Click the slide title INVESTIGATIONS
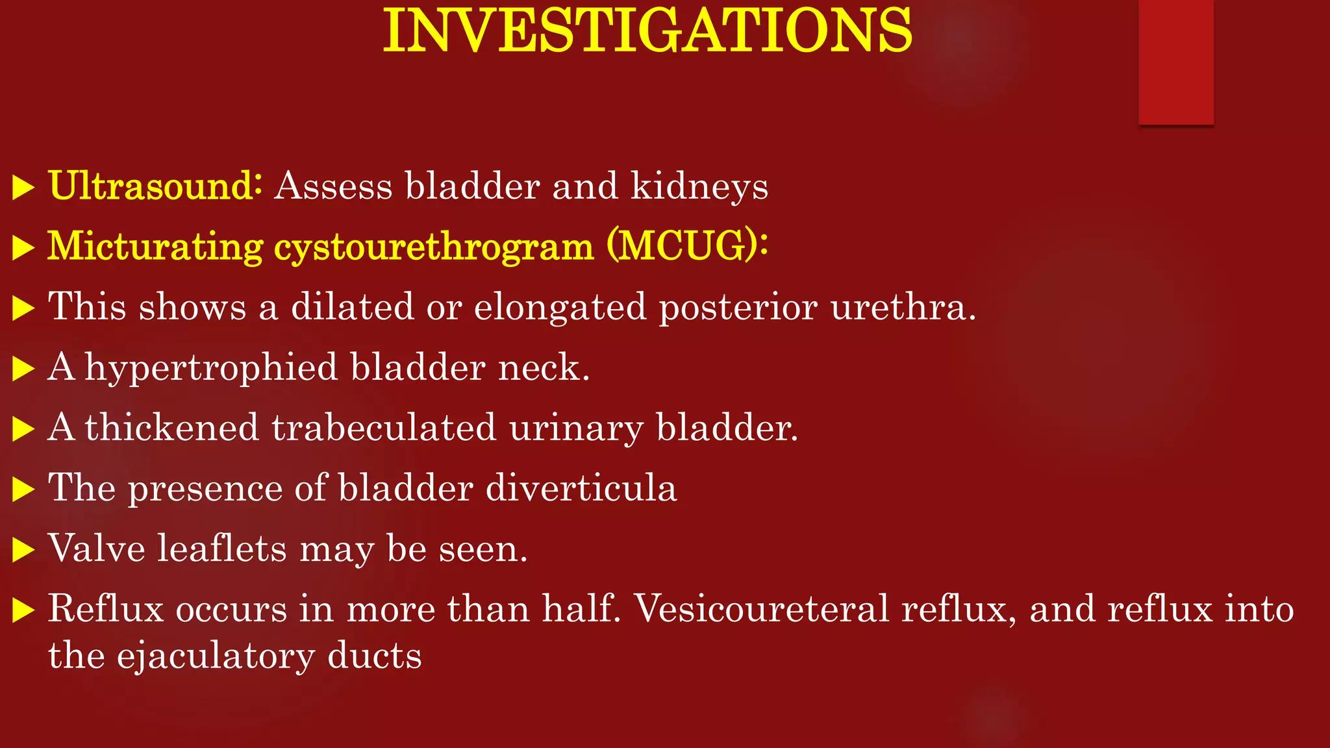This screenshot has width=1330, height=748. click(x=647, y=31)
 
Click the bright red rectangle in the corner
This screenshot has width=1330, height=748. click(x=1175, y=62)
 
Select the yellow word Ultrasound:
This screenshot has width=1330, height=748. click(x=155, y=186)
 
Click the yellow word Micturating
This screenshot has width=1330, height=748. click(x=155, y=247)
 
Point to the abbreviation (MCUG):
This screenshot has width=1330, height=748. click(x=688, y=246)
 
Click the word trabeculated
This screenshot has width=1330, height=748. click(x=384, y=428)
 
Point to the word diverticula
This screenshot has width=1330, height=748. click(x=581, y=488)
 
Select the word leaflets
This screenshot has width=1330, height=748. click(x=222, y=548)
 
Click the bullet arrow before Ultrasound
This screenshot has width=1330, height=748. click(x=23, y=188)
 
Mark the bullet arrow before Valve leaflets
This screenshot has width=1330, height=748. click(x=23, y=551)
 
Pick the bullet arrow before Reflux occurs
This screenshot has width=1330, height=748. click(x=23, y=611)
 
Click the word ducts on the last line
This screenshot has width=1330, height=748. click(x=374, y=655)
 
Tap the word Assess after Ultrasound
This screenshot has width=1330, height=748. click(x=333, y=186)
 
